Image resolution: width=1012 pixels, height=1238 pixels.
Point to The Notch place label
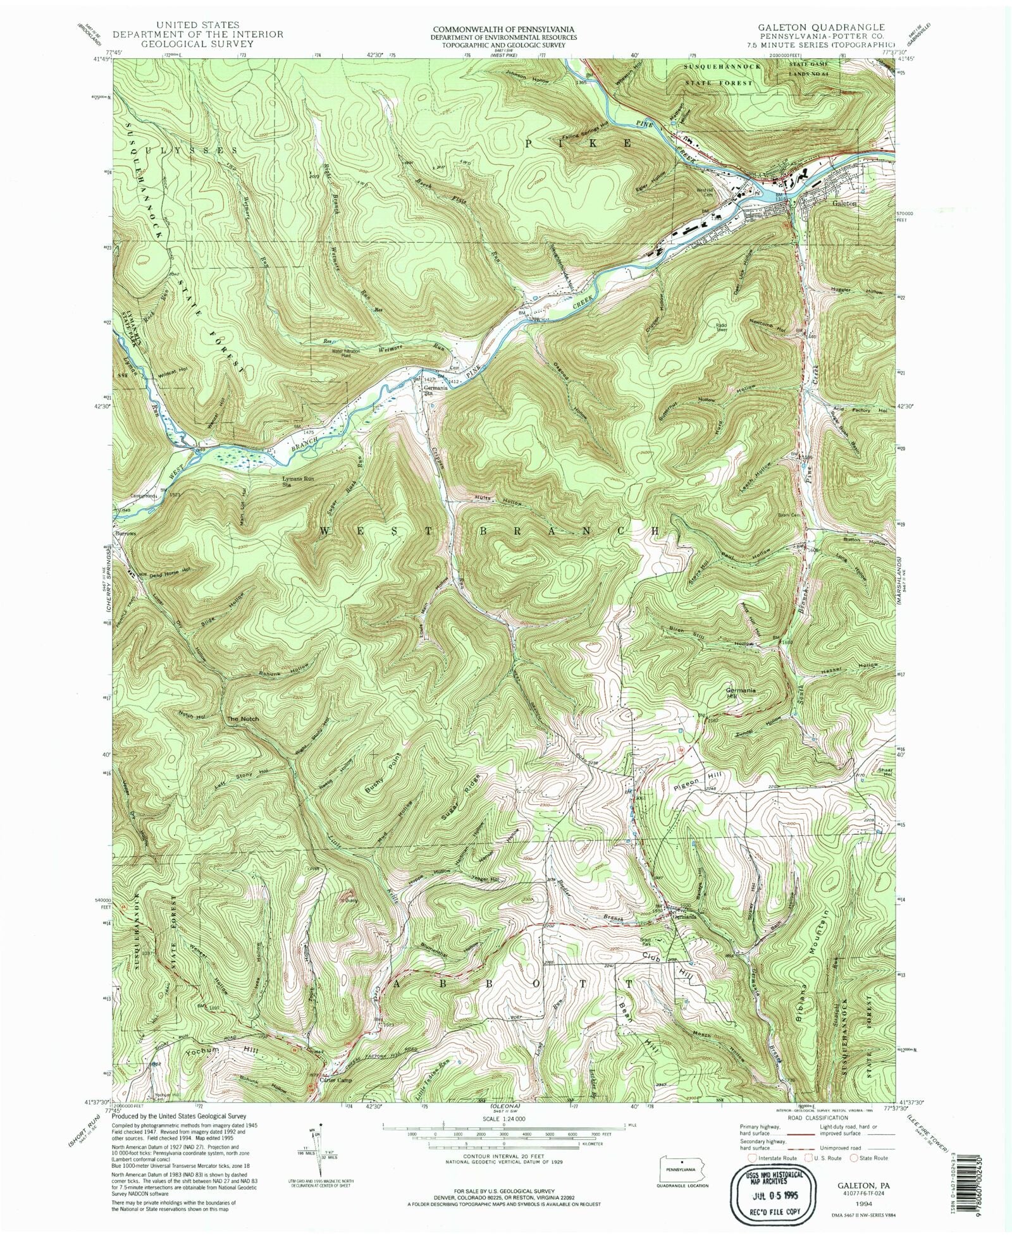tap(243, 719)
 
